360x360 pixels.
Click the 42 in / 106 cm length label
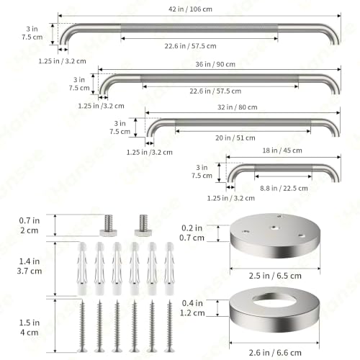tap(190, 9)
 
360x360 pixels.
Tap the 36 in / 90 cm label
tap(215, 64)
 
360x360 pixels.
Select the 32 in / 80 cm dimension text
tap(238, 107)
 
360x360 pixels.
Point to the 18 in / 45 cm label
tap(282, 150)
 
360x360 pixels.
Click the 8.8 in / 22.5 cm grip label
tap(284, 188)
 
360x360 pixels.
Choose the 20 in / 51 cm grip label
tap(235, 138)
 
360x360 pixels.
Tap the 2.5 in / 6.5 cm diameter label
tap(275, 276)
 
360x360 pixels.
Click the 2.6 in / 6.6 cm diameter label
tap(275, 353)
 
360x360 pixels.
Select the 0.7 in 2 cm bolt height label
tap(30, 225)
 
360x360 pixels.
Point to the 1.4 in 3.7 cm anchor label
tap(30, 266)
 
